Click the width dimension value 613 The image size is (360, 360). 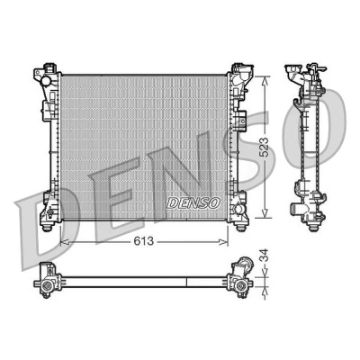pos(144,241)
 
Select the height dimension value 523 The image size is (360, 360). pos(264,148)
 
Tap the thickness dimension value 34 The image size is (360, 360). pos(264,255)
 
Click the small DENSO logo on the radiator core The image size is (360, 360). pos(193,203)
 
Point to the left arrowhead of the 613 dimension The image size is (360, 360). pos(65,241)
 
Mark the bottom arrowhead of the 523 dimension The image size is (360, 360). pos(265,212)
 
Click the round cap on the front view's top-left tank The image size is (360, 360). pos(47,81)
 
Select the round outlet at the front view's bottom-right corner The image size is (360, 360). pos(239,209)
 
